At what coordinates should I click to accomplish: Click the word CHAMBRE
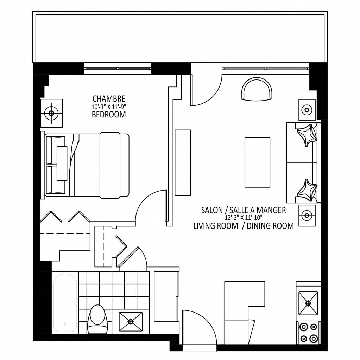point(109,99)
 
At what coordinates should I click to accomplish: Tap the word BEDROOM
point(109,114)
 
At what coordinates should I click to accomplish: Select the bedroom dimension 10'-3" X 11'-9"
point(109,107)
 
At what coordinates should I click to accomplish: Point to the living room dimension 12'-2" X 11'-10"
point(244,217)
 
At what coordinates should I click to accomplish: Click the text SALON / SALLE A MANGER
point(244,210)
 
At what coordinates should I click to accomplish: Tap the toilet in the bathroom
point(98,319)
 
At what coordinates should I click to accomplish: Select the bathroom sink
point(131,321)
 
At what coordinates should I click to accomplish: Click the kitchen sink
point(308,303)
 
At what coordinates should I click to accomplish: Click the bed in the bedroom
point(87,165)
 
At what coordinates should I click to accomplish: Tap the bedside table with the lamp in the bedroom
point(51,113)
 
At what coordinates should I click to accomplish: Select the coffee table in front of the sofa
point(257,163)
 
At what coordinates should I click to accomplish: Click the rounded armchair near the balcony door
point(257,89)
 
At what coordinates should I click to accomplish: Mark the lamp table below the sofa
point(307,216)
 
